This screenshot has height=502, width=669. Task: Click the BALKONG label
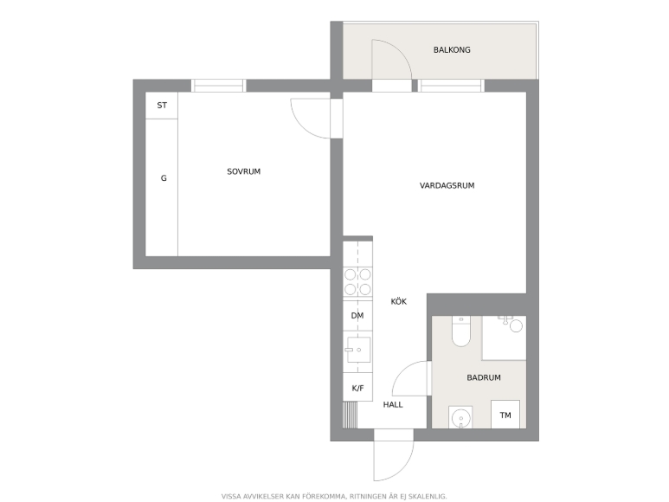452,50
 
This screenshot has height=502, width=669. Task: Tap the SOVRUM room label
243,171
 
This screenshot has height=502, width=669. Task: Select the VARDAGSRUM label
447,185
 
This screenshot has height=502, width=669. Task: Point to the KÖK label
399,301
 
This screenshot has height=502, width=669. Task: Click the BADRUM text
484,377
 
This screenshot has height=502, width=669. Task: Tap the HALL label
393,405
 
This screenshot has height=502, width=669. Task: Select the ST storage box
162,106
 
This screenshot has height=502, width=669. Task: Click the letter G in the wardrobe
164,178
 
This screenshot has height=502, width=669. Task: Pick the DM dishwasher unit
357,316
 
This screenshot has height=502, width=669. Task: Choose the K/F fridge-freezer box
357,387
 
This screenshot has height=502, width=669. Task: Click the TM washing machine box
505,415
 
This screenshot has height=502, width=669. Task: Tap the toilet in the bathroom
460,331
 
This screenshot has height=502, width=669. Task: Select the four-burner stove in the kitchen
357,282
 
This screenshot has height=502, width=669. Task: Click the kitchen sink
358,350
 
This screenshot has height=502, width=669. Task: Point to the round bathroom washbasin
460,417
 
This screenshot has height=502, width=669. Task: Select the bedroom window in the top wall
218,86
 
